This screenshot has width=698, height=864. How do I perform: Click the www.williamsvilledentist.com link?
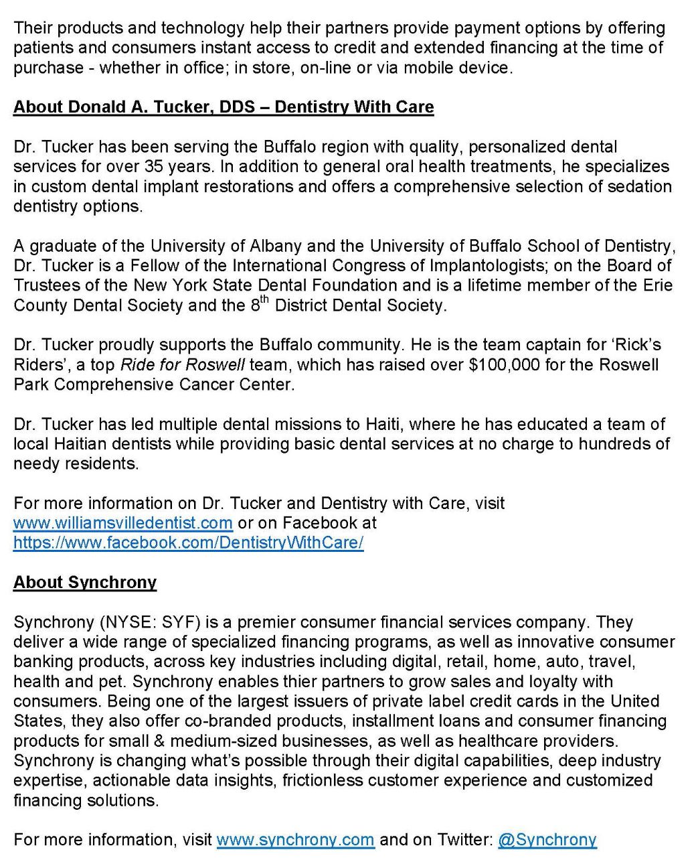122,522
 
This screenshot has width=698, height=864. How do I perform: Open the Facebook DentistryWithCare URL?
188,543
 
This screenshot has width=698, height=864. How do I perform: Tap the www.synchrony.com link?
295,840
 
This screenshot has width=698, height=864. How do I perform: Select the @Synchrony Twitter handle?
547,840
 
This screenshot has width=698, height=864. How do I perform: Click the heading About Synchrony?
85,582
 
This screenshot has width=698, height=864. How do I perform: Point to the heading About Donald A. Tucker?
224,107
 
